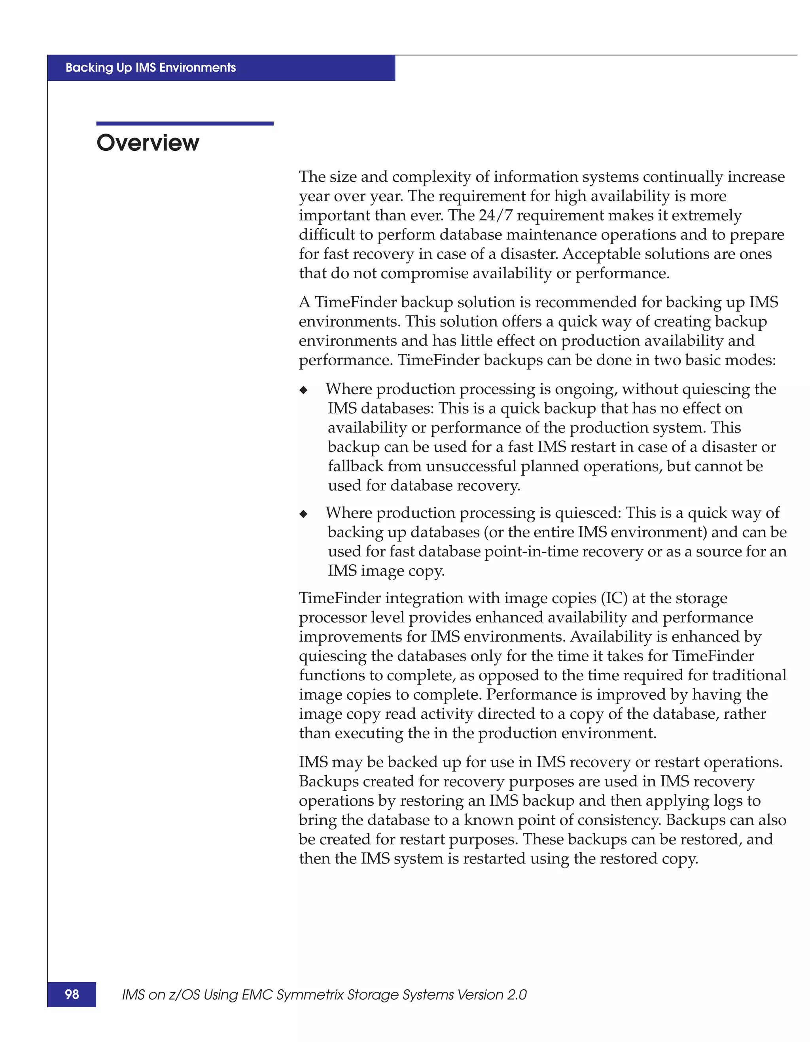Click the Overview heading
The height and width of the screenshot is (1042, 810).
tap(148, 142)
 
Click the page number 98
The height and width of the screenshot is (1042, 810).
tap(72, 994)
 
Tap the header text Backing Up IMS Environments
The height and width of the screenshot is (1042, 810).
tap(151, 68)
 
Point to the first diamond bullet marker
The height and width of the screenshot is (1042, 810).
tap(304, 390)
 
